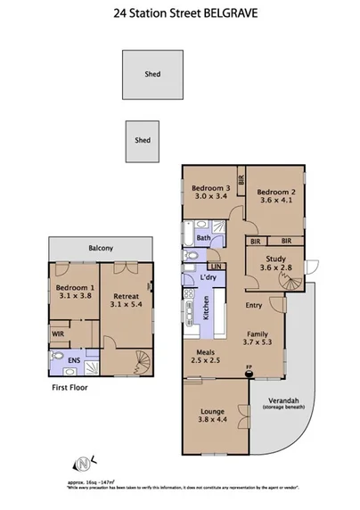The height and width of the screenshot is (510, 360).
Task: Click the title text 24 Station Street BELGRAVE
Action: pos(179,14)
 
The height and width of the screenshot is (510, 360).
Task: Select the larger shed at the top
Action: pos(152,74)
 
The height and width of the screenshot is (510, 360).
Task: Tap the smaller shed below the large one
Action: pos(143,141)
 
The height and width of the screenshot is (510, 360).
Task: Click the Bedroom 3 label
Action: pos(211,188)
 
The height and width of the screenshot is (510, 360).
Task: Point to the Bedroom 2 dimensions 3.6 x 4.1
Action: pos(275,201)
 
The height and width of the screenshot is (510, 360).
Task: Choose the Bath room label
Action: pos(203,238)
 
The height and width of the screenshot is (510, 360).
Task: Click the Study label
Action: pos(274,259)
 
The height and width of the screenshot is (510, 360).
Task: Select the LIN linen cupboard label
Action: pos(214,267)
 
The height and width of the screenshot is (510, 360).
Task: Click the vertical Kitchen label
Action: pos(206,308)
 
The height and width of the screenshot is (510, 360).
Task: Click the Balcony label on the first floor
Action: pos(100,249)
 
